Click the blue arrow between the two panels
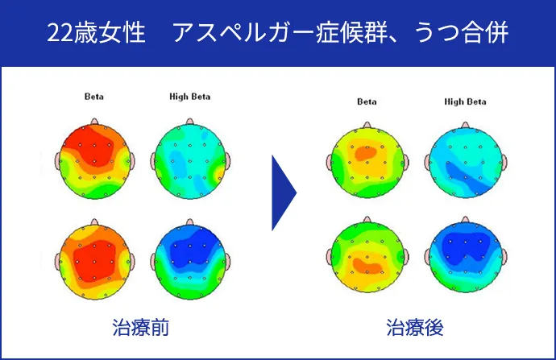tap(284, 192)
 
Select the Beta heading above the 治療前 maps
tap(94, 97)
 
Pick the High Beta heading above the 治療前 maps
tap(189, 97)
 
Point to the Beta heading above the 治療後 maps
tap(367, 101)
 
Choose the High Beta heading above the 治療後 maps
tap(465, 101)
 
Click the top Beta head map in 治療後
tap(367, 161)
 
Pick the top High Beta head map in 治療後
tap(465, 161)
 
